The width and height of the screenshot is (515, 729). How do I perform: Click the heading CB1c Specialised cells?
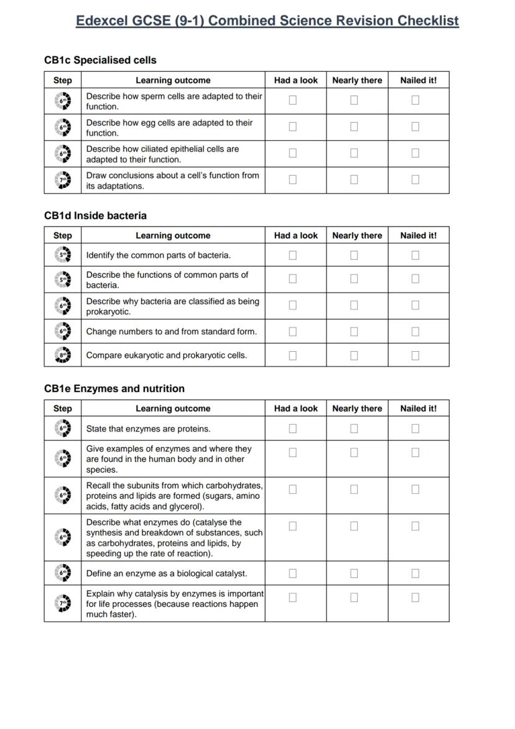100,60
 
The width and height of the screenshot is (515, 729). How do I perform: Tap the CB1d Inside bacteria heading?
95,215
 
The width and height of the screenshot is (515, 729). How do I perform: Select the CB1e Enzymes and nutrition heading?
114,388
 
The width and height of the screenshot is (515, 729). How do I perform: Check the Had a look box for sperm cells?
293,100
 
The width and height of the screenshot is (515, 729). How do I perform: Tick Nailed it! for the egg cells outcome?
415,126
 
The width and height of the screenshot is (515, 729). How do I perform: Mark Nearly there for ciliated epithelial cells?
354,153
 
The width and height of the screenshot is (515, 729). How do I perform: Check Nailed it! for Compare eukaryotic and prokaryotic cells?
415,355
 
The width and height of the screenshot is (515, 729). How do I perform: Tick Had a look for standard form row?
293,332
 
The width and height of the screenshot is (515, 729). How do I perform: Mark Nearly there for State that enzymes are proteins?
354,428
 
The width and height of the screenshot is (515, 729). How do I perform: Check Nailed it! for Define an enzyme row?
415,573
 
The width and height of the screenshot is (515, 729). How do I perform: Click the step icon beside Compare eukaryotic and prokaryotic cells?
63,355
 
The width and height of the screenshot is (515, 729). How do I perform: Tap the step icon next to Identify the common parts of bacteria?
63,255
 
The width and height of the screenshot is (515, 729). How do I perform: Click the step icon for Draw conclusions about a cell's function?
63,180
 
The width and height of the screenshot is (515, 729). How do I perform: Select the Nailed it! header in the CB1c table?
418,80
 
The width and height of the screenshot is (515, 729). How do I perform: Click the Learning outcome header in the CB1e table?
173,408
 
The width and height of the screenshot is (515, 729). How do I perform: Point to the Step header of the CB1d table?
63,235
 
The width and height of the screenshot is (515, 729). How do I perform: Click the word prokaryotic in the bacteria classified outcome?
108,312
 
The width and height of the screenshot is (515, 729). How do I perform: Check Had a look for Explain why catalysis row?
293,597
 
